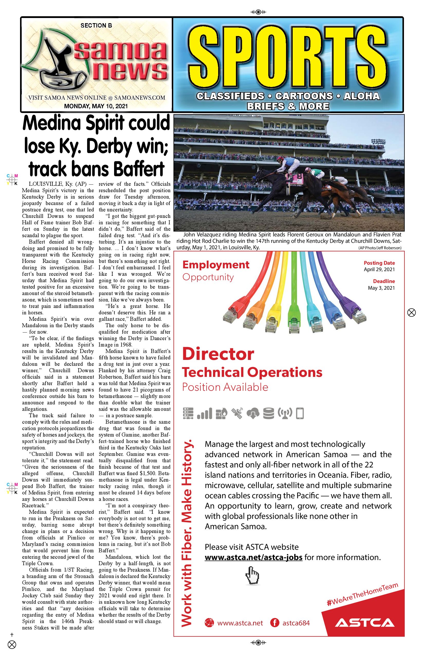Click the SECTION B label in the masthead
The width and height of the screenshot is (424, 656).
(x=96, y=25)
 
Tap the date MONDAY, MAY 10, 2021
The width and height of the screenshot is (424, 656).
(x=96, y=106)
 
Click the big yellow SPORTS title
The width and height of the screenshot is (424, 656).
(x=288, y=56)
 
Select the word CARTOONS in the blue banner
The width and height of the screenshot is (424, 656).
(x=304, y=96)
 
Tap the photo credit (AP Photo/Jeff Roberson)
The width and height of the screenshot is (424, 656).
(x=380, y=248)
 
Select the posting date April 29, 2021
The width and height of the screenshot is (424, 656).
(x=379, y=270)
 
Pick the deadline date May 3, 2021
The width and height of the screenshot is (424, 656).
(x=381, y=288)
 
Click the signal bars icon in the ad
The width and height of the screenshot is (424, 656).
(x=205, y=413)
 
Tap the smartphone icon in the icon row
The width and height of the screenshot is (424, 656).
(x=300, y=414)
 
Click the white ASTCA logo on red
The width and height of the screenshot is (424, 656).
(x=365, y=623)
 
